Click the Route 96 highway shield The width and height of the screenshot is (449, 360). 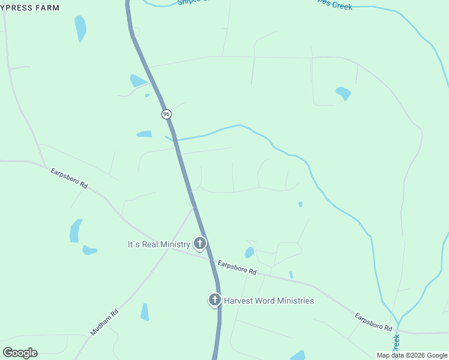pos(166,114)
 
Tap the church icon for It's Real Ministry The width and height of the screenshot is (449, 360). pos(200,244)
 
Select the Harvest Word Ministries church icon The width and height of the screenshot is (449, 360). pos(214,300)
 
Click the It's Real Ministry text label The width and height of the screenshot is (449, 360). pos(158,244)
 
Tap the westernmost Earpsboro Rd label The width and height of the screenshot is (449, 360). pos(69,178)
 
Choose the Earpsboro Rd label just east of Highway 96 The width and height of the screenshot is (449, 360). pos(237,268)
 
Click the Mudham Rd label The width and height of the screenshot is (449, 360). pos(104,322)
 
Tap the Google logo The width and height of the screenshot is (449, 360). pos(20,353)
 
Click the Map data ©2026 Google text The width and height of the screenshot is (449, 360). pos(412,355)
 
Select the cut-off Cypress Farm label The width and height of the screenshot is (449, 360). pos(30,8)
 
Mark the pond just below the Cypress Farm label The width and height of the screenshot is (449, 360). pos(80,28)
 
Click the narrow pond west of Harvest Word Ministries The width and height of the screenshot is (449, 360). pos(145,312)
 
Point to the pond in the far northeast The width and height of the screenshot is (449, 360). pos(343,93)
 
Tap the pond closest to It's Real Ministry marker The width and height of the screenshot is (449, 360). pos(249,253)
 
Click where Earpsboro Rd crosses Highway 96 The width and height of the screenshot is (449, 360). pos(210,259)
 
